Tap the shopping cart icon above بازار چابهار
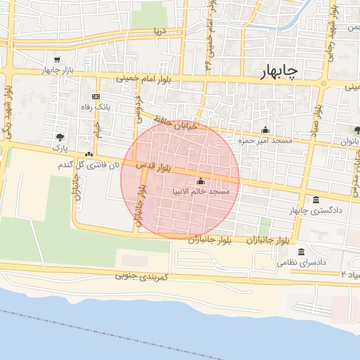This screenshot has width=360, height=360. pos(56,60)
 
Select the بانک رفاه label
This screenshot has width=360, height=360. pos(97,106)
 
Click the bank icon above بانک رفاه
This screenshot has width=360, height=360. pos(96,96)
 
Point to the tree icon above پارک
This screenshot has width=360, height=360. pos(60,138)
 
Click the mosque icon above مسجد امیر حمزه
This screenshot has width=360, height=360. pos(265,129)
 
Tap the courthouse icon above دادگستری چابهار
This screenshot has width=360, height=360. pos(315,200)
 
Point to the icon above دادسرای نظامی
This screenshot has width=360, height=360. pos(302,252)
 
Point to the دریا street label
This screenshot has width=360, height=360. pos(160,32)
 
